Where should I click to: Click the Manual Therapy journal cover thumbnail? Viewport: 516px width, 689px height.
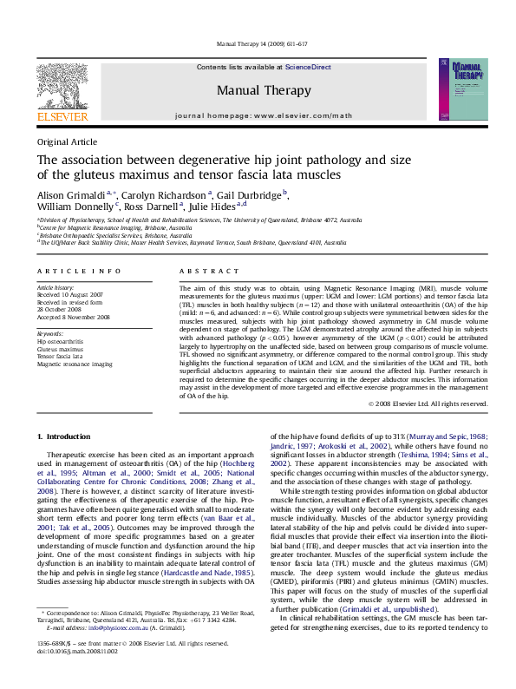point(456,89)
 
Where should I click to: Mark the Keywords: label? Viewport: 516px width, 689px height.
point(50,333)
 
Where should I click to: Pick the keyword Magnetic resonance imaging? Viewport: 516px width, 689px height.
point(75,364)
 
